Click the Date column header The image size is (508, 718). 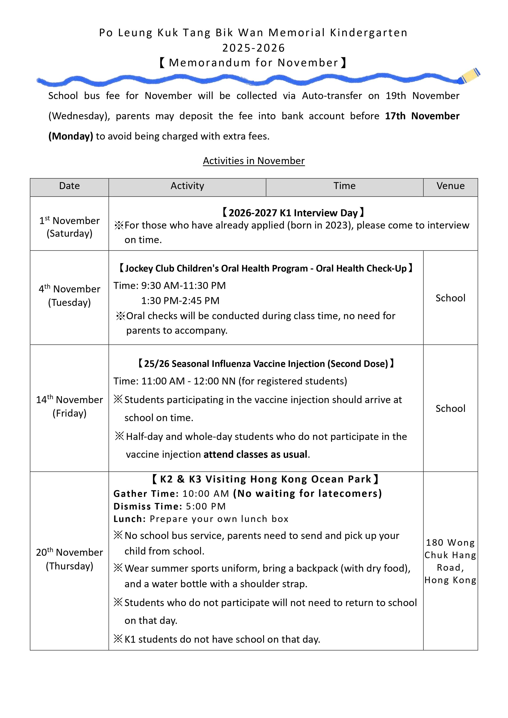click(x=69, y=186)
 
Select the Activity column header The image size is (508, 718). click(x=187, y=186)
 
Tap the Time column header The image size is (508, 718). click(x=344, y=186)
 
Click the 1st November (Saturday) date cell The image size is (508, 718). click(x=69, y=227)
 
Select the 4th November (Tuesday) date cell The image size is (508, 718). click(x=69, y=295)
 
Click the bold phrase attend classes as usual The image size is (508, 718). click(x=255, y=454)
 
